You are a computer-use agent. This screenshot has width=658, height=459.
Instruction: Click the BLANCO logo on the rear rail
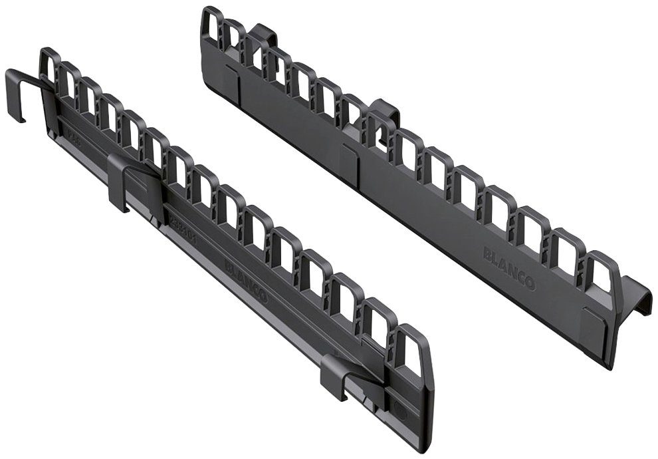coord(509,266)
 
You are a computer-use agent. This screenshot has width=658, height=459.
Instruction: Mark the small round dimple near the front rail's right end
coord(399,409)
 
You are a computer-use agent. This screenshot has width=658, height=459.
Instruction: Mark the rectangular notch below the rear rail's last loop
coord(594,323)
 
